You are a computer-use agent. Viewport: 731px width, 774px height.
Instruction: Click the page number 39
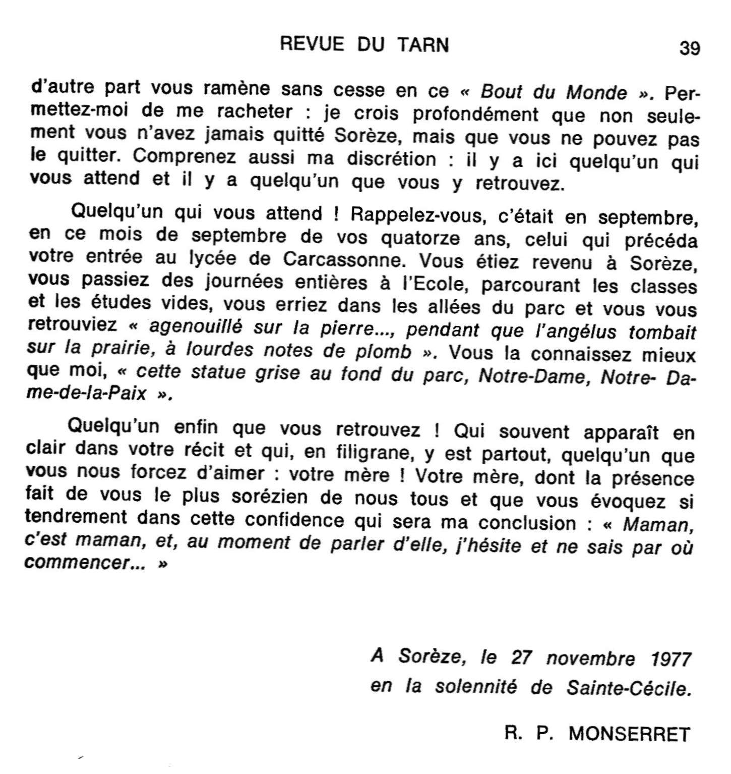(689, 48)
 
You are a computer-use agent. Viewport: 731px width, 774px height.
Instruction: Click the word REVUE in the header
(312, 45)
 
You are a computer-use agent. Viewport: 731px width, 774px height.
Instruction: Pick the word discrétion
(391, 159)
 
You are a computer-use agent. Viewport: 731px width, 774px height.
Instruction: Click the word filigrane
(371, 453)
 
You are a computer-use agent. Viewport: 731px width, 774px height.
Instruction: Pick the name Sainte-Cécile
(628, 688)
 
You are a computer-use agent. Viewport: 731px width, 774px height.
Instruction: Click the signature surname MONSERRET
(629, 734)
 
